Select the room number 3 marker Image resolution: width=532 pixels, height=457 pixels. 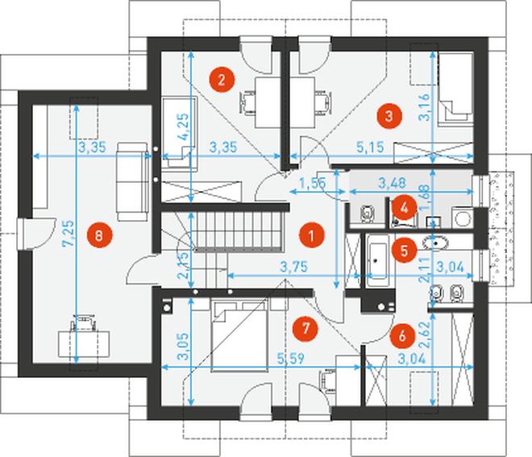389,115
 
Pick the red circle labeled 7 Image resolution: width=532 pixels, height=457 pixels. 303,327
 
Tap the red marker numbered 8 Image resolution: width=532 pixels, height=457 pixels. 98,235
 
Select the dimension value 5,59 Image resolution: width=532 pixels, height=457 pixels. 290,359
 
